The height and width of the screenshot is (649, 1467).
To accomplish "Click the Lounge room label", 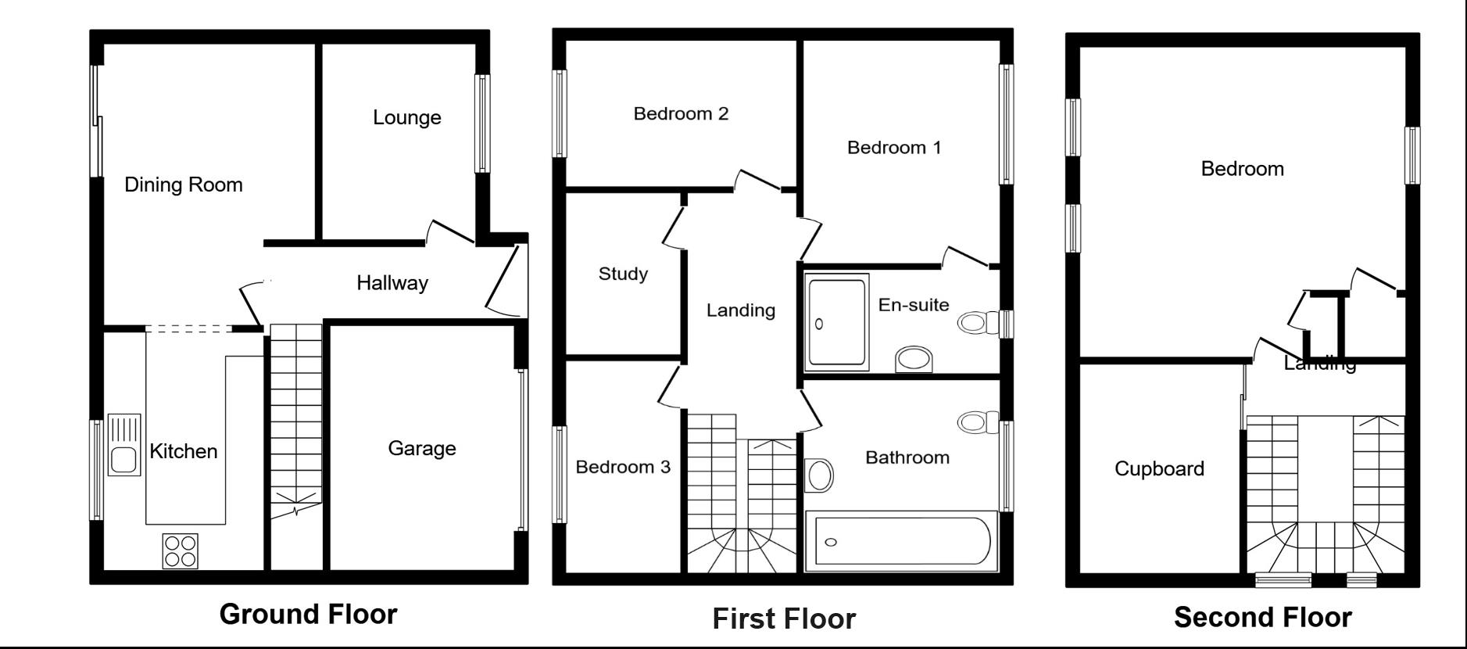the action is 407,117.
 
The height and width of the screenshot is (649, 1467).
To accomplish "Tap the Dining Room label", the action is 184,185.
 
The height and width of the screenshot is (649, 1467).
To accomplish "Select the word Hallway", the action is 392,283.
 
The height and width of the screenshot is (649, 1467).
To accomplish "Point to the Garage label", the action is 422,448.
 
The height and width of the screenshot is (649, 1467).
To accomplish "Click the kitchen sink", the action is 124,445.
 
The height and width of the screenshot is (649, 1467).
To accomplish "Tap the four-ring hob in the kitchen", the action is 181,550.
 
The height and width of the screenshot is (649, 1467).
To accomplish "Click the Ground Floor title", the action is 308,614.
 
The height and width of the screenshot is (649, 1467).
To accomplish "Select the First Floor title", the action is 784,619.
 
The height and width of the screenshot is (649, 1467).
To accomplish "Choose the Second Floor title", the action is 1263,618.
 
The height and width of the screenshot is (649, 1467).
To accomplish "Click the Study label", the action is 623,274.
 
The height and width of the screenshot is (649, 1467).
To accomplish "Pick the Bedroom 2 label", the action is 681,114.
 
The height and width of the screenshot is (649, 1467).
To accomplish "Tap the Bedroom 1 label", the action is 894,148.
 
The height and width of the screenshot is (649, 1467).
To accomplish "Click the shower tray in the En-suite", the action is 837,321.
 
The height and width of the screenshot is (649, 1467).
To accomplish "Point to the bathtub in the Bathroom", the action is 901,540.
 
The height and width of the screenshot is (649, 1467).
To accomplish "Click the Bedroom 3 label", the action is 623,468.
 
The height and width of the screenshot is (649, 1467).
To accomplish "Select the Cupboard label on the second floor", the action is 1159,469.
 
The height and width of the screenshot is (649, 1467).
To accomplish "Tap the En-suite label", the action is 914,305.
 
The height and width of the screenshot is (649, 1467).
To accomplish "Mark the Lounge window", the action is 483,124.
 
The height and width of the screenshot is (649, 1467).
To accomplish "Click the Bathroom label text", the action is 907,457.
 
